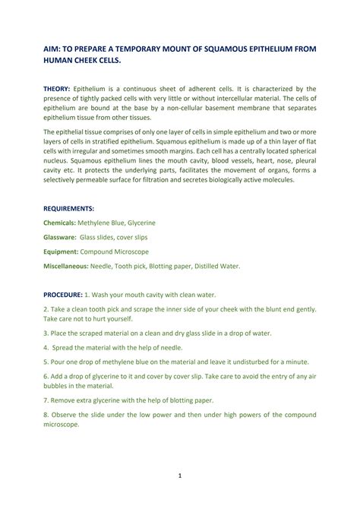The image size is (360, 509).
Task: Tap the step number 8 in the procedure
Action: point(45,414)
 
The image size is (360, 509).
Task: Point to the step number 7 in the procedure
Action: point(45,400)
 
